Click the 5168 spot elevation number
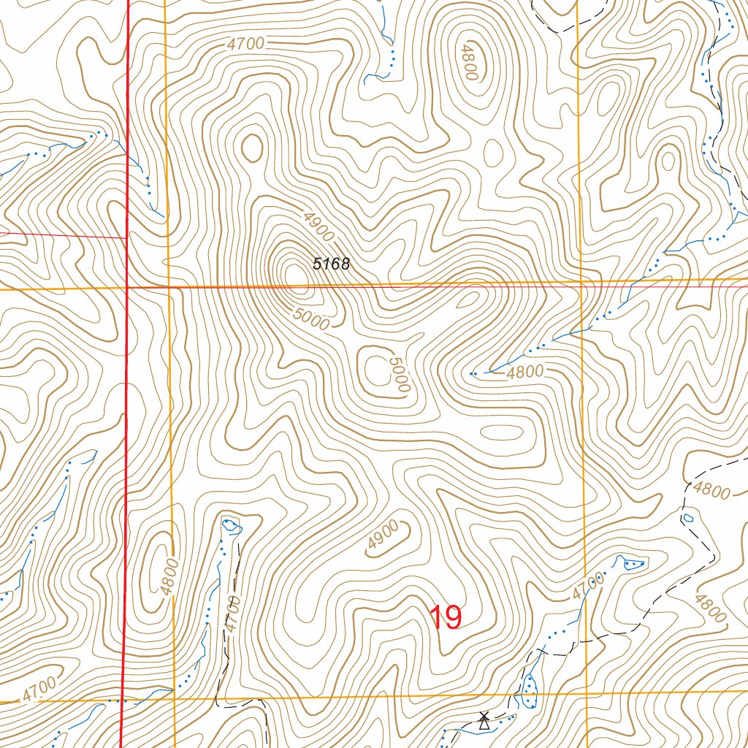coord(332,264)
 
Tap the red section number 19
coord(445,618)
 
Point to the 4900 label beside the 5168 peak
coord(316,227)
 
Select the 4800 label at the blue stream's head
coord(525,371)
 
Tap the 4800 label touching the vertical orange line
coord(168,576)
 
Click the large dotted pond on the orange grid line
coord(530,690)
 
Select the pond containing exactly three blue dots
coord(633,563)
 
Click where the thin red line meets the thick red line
coord(127,237)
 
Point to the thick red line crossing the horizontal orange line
coord(127,289)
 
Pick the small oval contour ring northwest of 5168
coord(253,148)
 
